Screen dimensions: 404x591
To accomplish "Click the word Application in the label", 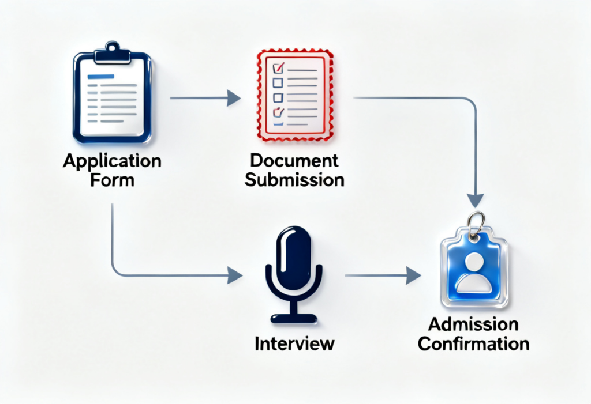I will point(111,161).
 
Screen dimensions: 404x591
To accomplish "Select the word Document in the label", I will point(294,161).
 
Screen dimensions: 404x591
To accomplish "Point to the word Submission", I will point(294,179).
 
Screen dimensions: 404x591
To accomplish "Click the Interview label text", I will point(294,344).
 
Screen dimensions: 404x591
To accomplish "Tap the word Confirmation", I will point(473,344).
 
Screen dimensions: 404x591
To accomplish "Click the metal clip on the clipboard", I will point(113,52).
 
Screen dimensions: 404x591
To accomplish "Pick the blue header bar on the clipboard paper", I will point(100,76).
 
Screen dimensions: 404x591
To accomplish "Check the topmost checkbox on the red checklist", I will point(278,69).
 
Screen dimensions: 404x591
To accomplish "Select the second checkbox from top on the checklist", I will point(278,82).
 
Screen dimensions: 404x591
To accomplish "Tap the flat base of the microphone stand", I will point(294,318).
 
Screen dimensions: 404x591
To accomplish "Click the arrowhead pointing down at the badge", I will point(475,200).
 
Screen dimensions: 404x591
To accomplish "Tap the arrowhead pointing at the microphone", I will point(234,275).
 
